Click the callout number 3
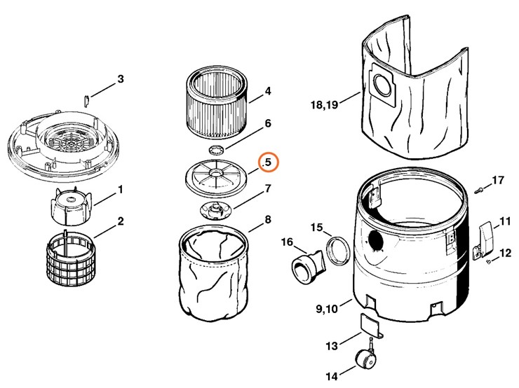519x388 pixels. (x=120, y=79)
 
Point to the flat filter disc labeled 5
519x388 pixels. (x=217, y=175)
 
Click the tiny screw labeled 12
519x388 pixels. (x=487, y=261)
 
